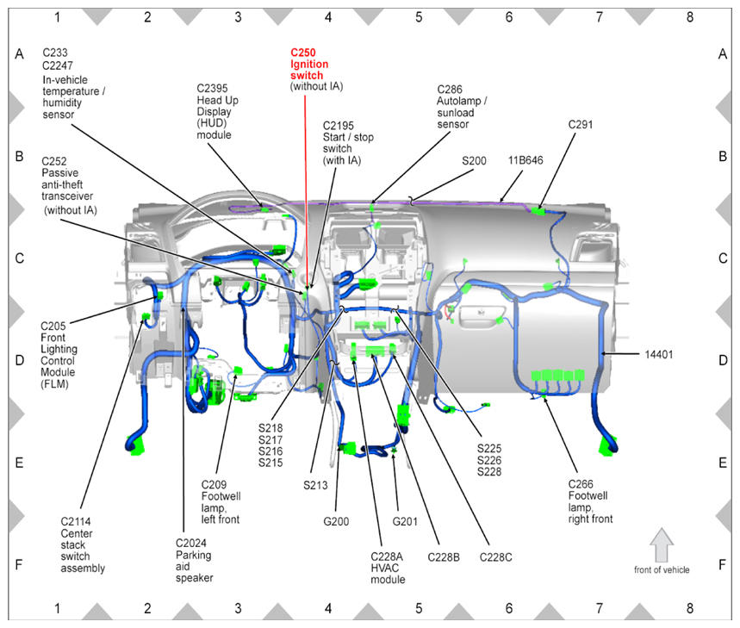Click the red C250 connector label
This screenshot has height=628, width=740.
[303, 53]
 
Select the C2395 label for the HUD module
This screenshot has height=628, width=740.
[212, 88]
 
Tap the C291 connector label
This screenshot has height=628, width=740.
[580, 125]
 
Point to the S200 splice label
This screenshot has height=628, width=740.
[474, 160]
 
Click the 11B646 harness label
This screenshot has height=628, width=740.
[525, 160]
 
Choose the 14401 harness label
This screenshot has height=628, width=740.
[658, 354]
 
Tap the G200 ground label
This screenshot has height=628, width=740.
[336, 521]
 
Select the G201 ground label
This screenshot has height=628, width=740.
[405, 521]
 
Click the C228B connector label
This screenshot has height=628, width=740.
[444, 557]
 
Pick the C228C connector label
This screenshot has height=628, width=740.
[495, 557]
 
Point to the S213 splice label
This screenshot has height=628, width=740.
[315, 485]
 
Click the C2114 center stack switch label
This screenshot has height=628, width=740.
[76, 521]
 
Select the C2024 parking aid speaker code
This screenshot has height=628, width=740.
[190, 543]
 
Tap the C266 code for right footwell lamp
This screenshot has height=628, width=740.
[581, 484]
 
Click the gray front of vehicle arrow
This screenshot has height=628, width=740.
[662, 544]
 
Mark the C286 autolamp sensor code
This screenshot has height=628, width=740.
[450, 90]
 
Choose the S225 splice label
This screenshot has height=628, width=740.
[489, 448]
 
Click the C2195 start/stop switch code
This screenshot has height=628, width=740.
[338, 126]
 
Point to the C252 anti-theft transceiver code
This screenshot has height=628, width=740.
[53, 161]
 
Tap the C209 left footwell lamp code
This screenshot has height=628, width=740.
[214, 484]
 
